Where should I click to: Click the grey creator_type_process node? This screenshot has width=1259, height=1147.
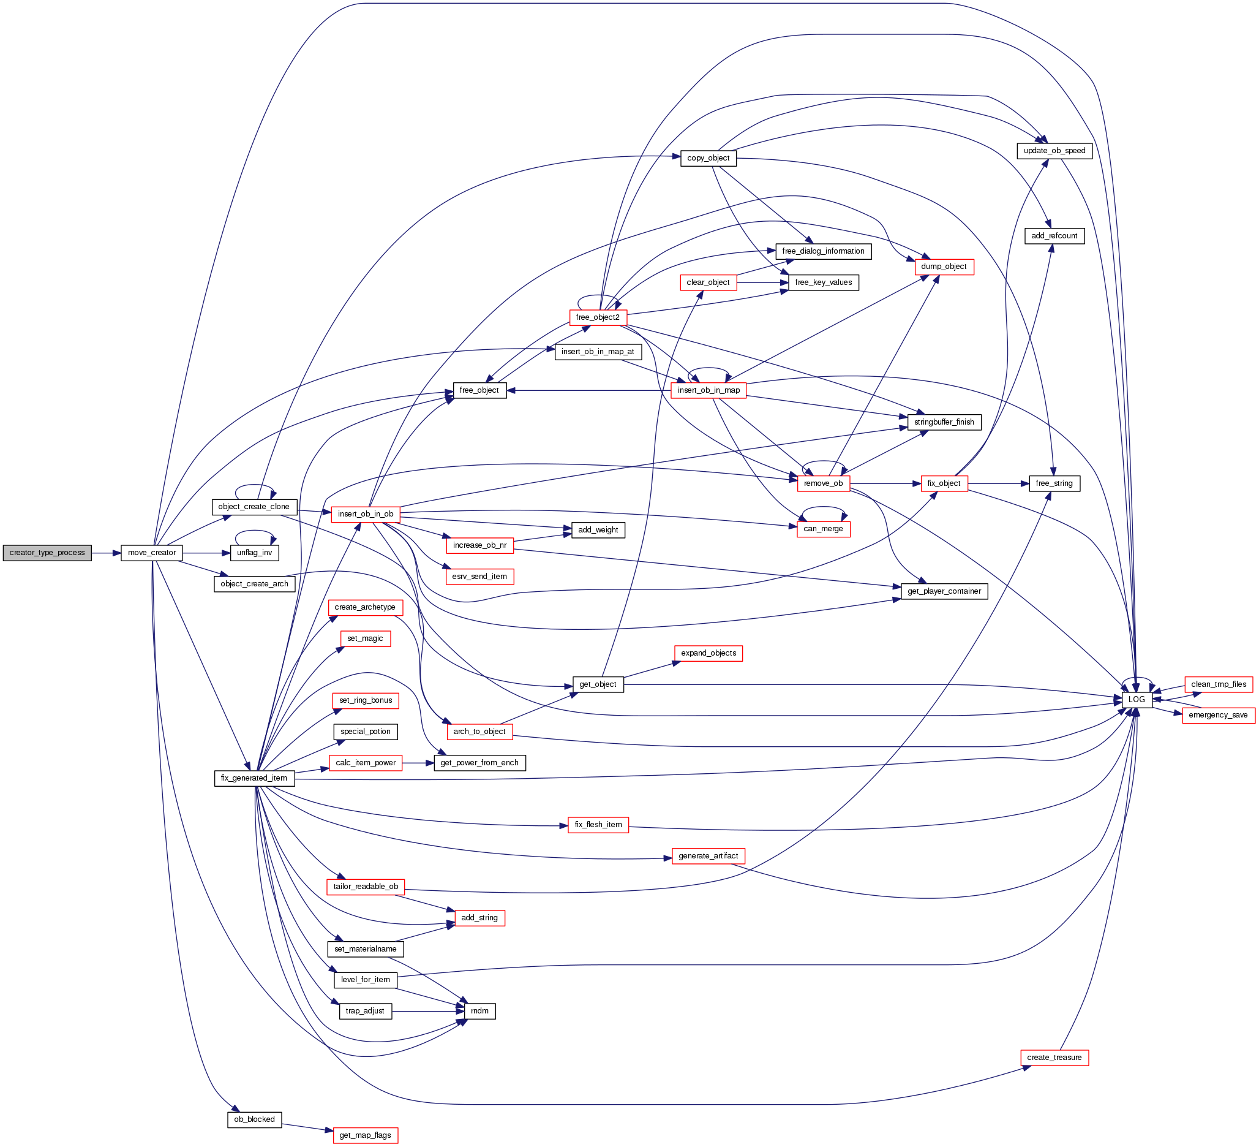(47, 553)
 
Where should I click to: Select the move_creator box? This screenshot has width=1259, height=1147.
(152, 553)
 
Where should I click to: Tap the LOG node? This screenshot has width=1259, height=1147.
(1136, 700)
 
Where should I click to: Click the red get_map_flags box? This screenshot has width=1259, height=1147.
(366, 1135)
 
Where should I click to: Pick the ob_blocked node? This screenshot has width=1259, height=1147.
(254, 1119)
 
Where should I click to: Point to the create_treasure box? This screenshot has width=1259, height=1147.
(1054, 1058)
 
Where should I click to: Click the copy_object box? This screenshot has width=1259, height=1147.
(708, 158)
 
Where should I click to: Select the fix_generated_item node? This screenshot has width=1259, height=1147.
(254, 778)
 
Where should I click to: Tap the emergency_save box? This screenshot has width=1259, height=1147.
(1218, 715)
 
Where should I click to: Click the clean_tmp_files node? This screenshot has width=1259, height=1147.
(1218, 684)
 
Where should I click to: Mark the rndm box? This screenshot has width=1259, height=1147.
(479, 1011)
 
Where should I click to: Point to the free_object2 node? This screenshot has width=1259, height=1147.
(598, 317)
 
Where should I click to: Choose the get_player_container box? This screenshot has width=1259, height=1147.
(944, 591)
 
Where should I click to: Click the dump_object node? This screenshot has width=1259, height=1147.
(943, 267)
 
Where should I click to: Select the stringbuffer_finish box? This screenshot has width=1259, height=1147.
(944, 422)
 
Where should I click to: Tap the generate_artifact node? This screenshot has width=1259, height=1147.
(708, 856)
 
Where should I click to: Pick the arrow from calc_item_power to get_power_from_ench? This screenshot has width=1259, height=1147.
(418, 763)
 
